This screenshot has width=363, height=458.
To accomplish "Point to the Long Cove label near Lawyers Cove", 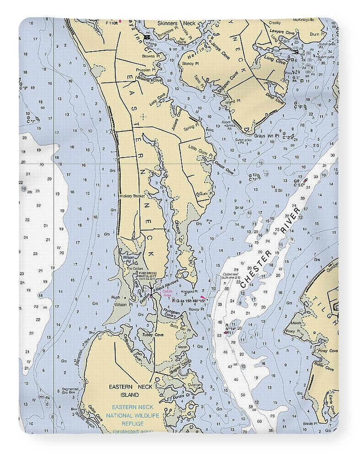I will pyautogui.click(x=275, y=59).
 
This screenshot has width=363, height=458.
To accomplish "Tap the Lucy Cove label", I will pyautogui.click(x=157, y=100).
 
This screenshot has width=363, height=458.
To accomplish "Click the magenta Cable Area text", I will pyautogui.click(x=167, y=297).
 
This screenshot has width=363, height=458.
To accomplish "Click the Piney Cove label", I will pyautogui.click(x=328, y=351).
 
